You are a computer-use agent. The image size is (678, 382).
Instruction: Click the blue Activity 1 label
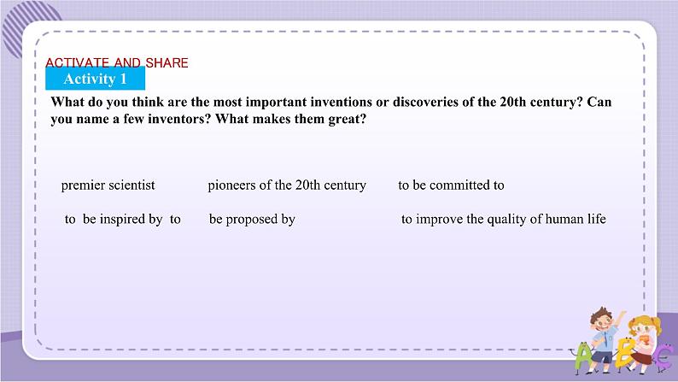click(x=95, y=79)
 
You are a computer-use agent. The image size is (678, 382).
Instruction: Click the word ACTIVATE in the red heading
click(x=78, y=62)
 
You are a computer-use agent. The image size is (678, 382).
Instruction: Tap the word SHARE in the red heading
click(x=167, y=62)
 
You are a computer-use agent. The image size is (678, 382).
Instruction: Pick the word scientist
click(x=132, y=185)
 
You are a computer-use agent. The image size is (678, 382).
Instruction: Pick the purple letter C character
click(x=663, y=358)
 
